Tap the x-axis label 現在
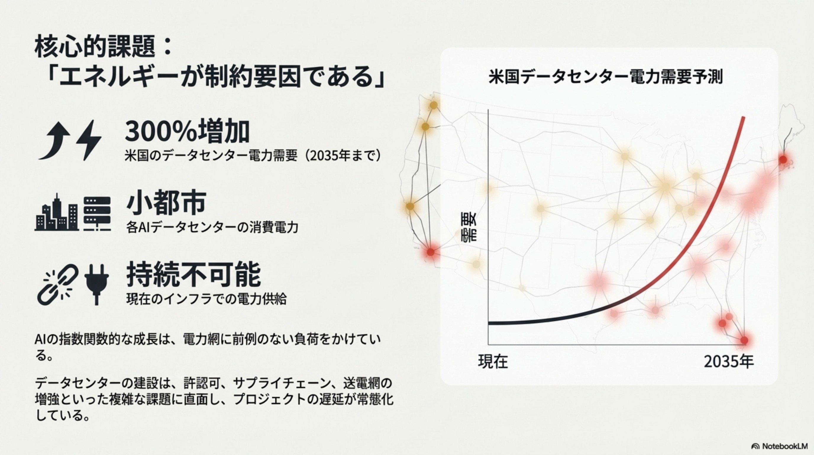click(493, 362)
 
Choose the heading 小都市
click(167, 203)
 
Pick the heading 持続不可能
click(194, 274)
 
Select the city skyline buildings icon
click(56, 213)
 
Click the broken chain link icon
click(58, 284)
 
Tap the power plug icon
click(97, 284)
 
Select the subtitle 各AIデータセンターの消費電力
click(212, 227)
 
